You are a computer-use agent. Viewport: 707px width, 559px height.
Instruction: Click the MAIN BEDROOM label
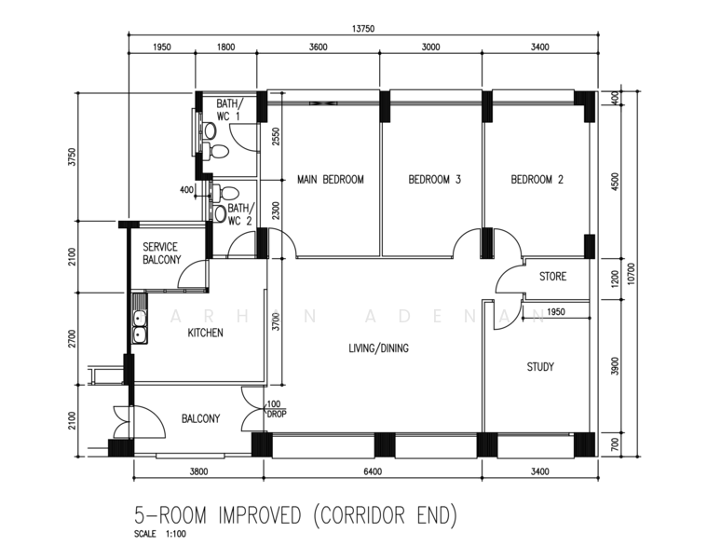(x=330, y=180)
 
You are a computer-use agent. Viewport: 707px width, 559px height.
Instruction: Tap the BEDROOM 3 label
(x=435, y=180)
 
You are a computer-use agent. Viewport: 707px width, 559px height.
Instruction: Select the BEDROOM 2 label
(x=537, y=180)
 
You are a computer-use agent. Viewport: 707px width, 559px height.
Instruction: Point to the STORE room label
(x=552, y=277)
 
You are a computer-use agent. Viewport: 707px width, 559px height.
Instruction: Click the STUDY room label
(x=540, y=367)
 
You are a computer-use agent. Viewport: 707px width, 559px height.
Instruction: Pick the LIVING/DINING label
(x=379, y=348)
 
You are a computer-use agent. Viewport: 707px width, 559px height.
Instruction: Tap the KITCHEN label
(x=205, y=333)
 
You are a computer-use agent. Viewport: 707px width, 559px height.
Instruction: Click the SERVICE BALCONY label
(x=162, y=253)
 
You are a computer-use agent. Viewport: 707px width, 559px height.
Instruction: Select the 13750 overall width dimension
(x=363, y=29)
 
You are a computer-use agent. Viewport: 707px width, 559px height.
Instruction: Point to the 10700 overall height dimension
(x=631, y=274)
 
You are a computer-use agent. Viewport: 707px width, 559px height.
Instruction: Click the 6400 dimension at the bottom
(x=373, y=471)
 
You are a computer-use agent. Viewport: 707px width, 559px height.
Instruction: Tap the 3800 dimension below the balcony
(x=198, y=471)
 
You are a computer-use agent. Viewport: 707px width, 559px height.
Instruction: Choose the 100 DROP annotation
(x=277, y=409)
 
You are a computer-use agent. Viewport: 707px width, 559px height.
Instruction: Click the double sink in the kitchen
(x=140, y=325)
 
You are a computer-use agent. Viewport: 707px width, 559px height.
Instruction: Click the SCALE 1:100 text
(x=160, y=534)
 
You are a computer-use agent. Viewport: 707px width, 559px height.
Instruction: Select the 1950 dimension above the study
(x=555, y=311)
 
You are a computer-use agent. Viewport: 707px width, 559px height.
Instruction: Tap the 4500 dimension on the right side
(x=616, y=182)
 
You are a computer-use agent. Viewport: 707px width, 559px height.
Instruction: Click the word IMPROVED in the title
(x=259, y=515)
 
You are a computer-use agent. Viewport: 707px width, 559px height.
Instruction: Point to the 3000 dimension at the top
(x=430, y=47)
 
